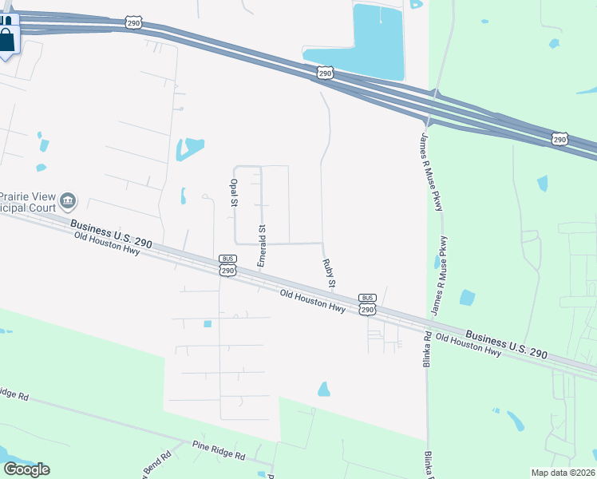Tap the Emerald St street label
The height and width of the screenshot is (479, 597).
[262, 246]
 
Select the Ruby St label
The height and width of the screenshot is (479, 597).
[328, 272]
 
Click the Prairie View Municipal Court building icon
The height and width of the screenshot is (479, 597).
[69, 198]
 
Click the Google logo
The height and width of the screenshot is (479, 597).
[26, 469]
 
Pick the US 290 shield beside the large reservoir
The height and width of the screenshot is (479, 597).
[324, 73]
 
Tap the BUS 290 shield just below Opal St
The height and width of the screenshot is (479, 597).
[227, 267]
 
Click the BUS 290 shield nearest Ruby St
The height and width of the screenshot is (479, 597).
[366, 304]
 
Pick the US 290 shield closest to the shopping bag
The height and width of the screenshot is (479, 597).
[133, 23]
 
